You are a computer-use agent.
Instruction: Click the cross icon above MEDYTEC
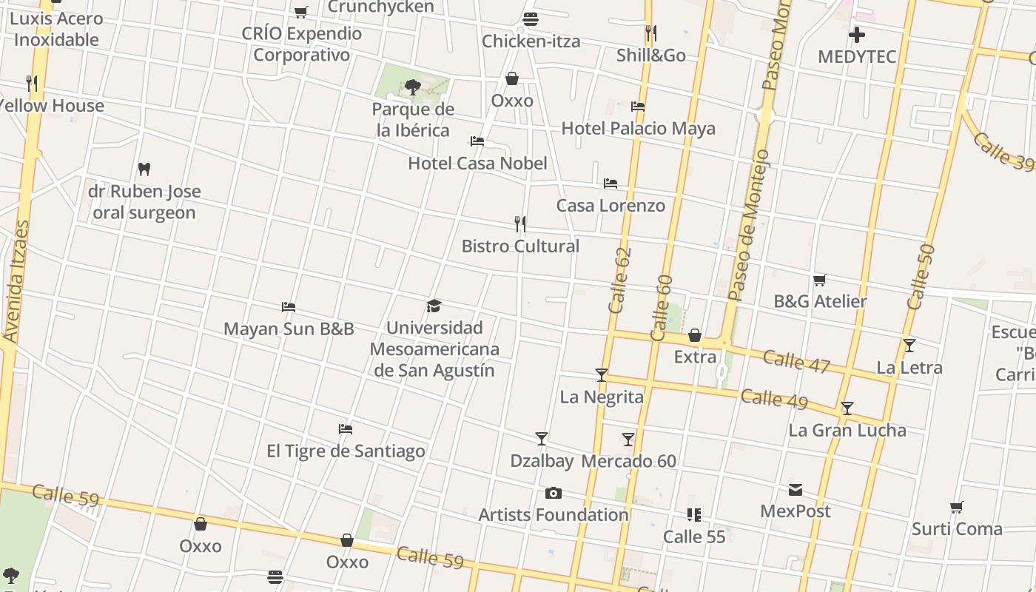click(x=857, y=34)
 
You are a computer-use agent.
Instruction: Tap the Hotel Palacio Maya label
click(x=638, y=129)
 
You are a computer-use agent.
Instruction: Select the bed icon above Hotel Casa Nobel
click(x=477, y=141)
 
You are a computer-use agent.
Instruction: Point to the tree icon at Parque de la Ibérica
click(x=413, y=87)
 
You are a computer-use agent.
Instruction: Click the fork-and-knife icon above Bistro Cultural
click(x=520, y=223)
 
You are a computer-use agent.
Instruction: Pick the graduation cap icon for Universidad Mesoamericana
click(x=434, y=306)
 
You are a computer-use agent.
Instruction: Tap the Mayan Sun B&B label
click(x=289, y=329)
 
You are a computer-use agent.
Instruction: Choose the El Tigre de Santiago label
click(x=346, y=451)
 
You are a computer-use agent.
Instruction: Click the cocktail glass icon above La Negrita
click(x=602, y=375)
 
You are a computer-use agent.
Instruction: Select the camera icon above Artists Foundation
click(x=553, y=493)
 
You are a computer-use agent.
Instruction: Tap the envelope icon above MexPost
click(x=795, y=489)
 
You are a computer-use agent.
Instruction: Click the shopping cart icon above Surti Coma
click(x=957, y=508)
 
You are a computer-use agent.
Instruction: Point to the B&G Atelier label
click(x=820, y=301)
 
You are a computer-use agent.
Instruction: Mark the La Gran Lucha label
click(x=847, y=430)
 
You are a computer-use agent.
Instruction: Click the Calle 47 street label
click(x=796, y=361)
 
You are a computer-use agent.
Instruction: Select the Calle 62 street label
click(x=620, y=280)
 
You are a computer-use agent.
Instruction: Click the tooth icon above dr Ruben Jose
click(x=144, y=169)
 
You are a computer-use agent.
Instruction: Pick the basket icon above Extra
click(x=695, y=335)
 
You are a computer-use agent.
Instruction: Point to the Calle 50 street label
click(x=921, y=277)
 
